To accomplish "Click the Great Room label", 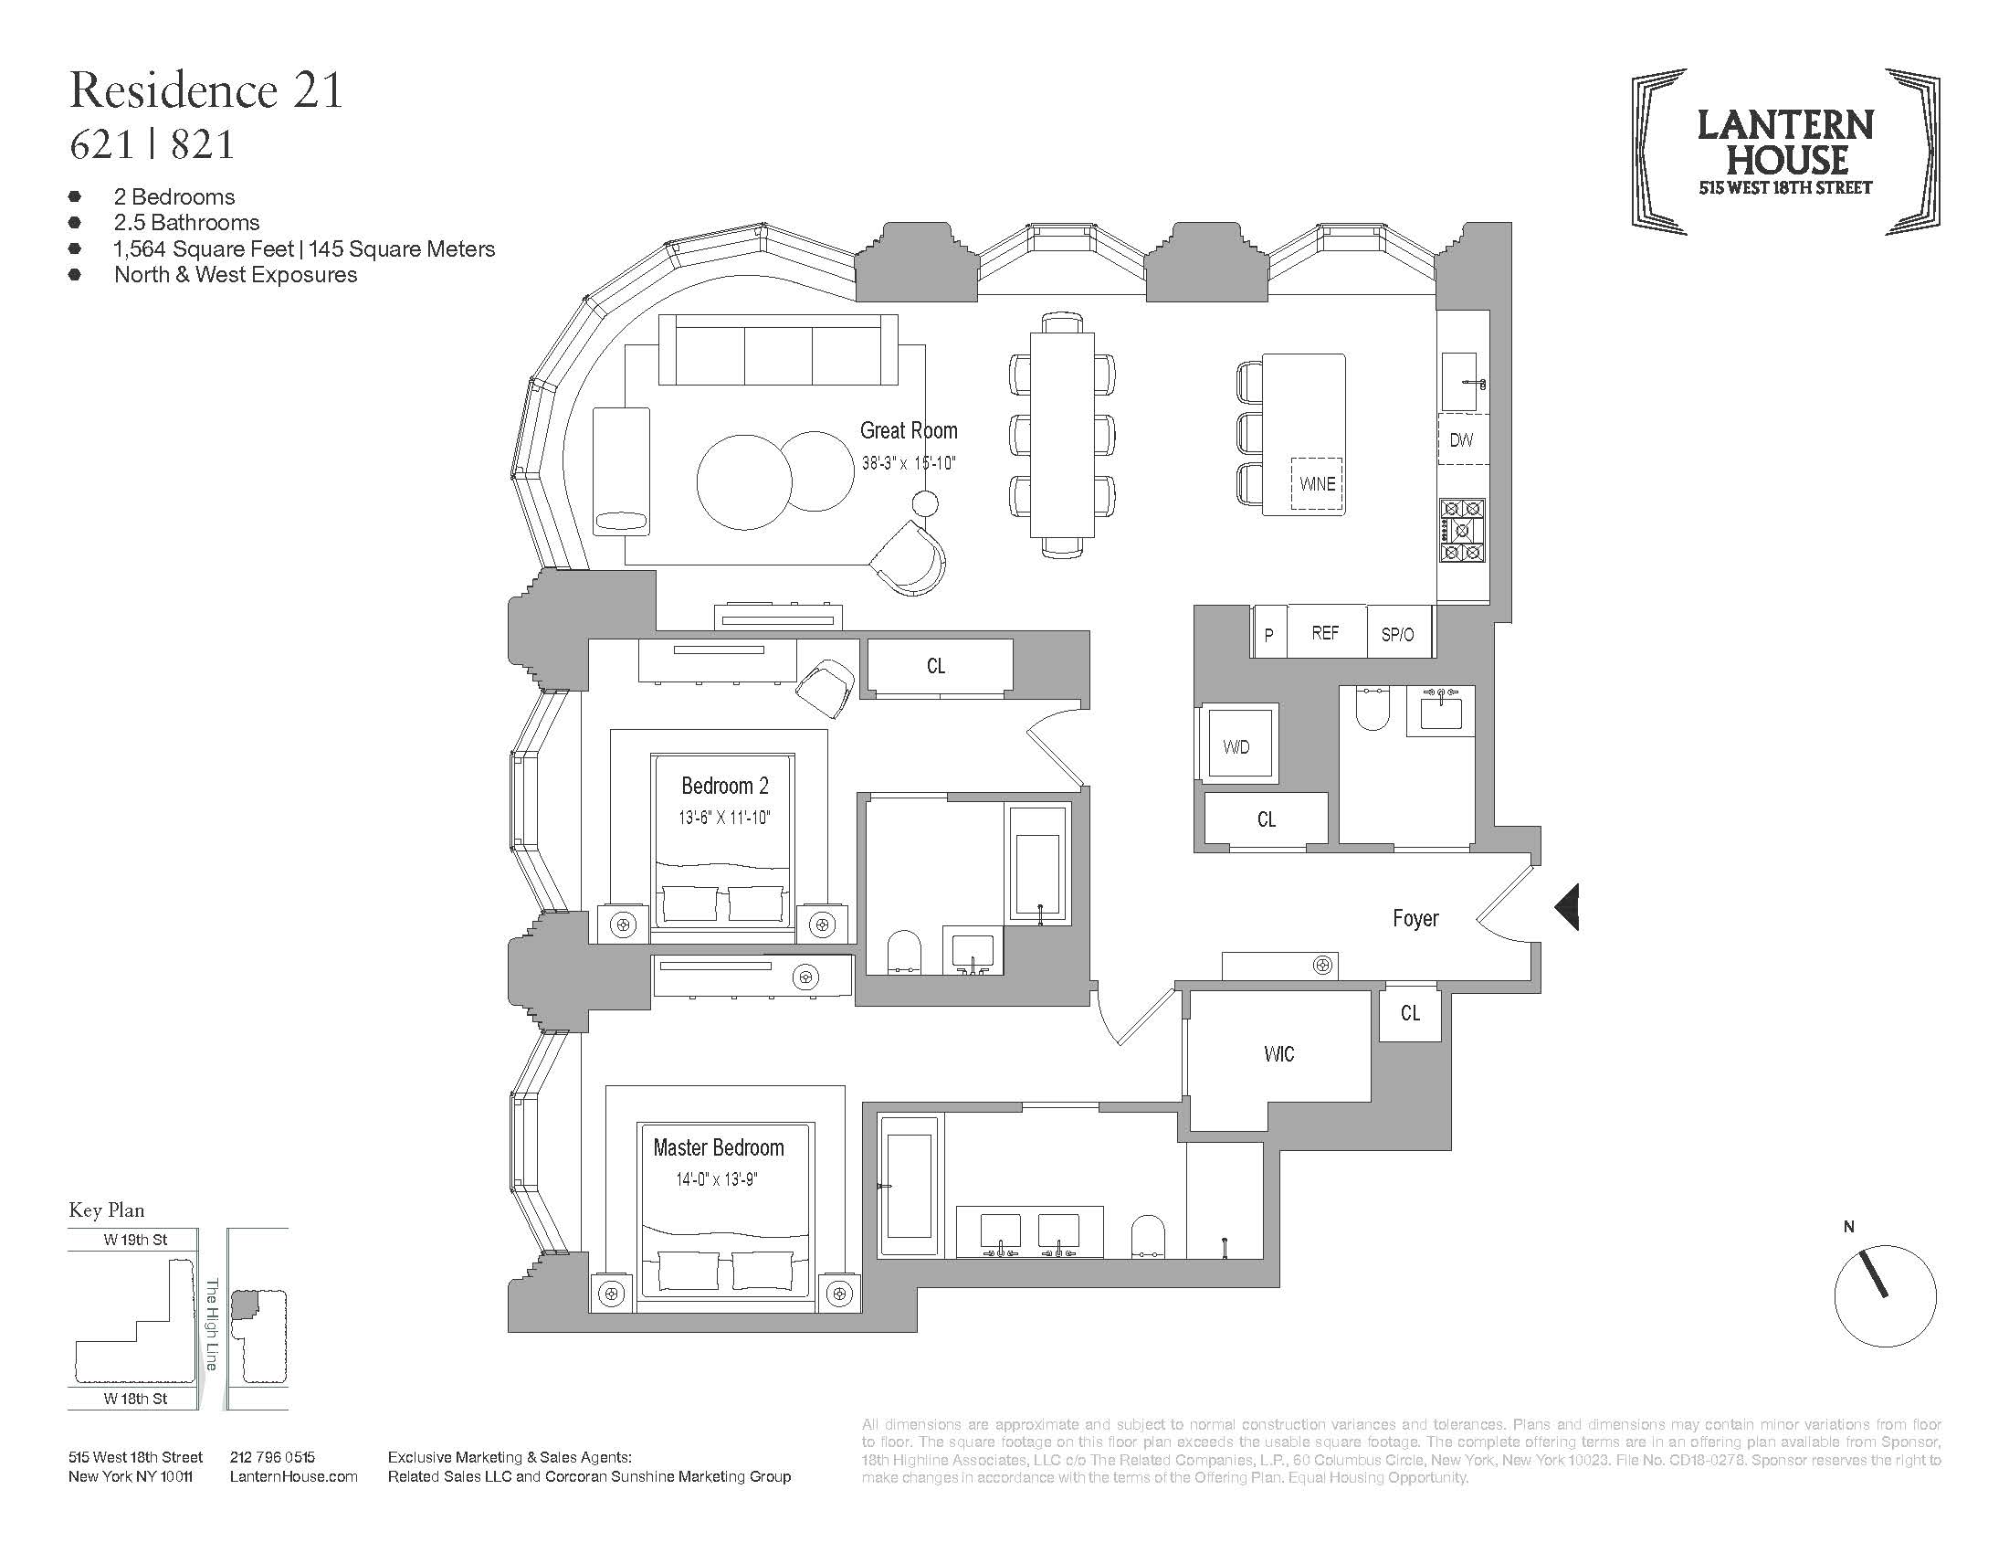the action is (909, 430).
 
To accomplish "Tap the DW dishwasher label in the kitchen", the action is (1461, 439).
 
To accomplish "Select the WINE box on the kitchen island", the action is (1317, 484).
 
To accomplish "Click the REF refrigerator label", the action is (1326, 633).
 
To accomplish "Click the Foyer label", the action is (1415, 918).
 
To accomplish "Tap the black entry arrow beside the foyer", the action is (1567, 906).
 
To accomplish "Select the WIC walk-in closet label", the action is (1278, 1054).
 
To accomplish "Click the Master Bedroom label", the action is (719, 1147).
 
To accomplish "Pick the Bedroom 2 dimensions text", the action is (725, 817).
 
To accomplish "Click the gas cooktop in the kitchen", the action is (1462, 531).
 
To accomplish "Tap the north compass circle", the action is (1885, 1296).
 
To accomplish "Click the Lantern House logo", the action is (1785, 152).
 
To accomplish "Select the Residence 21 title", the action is (206, 90).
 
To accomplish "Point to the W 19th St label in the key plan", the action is (135, 1240).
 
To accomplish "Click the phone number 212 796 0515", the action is (272, 1457).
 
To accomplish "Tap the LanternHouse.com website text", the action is (293, 1476).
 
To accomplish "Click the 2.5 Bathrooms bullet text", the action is (186, 223).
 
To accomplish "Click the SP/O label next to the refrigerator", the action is (1397, 635).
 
